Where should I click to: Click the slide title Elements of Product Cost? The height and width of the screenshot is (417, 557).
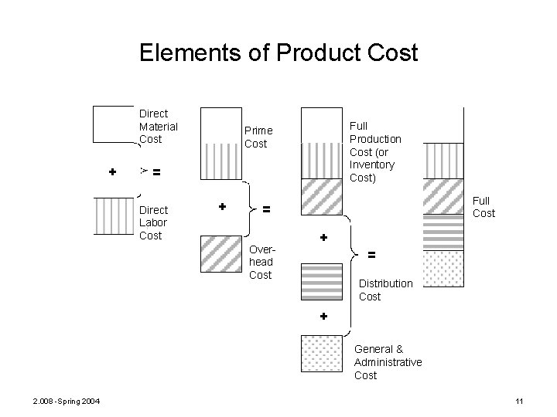278,53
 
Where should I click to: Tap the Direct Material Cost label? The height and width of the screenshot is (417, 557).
158,126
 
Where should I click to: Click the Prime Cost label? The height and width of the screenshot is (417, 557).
258,137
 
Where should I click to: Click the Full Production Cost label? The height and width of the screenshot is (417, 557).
375,151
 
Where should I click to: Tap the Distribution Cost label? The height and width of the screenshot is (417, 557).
385,290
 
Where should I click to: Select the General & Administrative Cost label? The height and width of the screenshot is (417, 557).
388,362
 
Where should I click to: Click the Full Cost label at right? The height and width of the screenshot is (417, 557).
484,207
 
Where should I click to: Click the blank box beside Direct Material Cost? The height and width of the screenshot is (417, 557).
114,124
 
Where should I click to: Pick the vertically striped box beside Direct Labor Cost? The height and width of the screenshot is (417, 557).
114,215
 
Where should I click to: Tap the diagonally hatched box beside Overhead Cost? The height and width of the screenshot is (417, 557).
220,252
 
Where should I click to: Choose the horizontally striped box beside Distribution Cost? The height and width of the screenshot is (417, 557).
321,281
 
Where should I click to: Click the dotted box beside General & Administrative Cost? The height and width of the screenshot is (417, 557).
321,354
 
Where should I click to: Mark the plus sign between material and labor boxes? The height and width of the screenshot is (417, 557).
113,171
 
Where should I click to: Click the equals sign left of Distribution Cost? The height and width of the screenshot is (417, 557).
371,253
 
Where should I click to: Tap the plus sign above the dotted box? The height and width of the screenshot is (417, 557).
323,316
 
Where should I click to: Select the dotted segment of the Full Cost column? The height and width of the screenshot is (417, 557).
444,269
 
